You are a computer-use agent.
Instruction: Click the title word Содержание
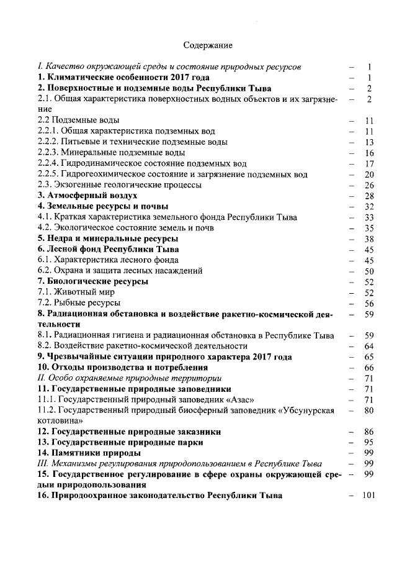pos(208,45)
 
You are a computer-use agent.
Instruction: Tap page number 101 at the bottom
pos(368,496)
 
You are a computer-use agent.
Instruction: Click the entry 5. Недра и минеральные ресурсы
pos(108,238)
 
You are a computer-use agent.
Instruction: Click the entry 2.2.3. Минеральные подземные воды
pos(111,152)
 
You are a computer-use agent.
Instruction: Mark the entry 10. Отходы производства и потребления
pos(122,367)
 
